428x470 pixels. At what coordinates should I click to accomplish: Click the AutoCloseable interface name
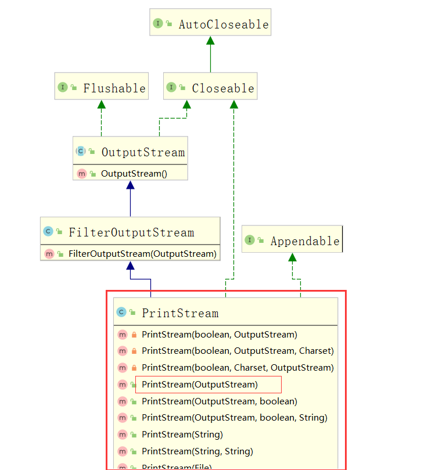click(224, 24)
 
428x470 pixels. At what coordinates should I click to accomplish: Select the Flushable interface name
click(114, 88)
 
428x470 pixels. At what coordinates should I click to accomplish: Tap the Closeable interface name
click(223, 88)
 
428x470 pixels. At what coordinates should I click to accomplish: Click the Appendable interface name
click(305, 241)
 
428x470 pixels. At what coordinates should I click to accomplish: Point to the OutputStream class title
click(143, 152)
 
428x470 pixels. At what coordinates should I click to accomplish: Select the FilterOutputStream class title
click(131, 232)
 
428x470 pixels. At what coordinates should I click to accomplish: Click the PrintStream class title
click(180, 313)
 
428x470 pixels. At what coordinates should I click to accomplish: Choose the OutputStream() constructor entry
click(134, 173)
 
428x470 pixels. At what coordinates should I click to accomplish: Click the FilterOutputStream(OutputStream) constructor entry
click(142, 254)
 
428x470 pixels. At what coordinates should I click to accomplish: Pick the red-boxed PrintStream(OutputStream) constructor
click(200, 385)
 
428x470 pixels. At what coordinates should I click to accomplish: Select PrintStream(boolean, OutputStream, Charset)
click(238, 351)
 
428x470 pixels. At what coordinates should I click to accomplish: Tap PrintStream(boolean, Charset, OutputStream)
click(238, 368)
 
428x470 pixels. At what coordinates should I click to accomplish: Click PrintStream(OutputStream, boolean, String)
click(235, 418)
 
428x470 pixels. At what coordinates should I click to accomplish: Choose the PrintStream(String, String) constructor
click(197, 451)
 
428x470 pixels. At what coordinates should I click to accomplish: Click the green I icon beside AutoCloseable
click(157, 24)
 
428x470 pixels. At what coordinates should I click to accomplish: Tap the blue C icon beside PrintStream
click(121, 313)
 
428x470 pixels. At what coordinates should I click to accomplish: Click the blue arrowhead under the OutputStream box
click(130, 185)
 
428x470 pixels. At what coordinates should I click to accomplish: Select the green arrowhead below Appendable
click(293, 257)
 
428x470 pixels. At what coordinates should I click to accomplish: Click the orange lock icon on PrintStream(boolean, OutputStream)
click(134, 335)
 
